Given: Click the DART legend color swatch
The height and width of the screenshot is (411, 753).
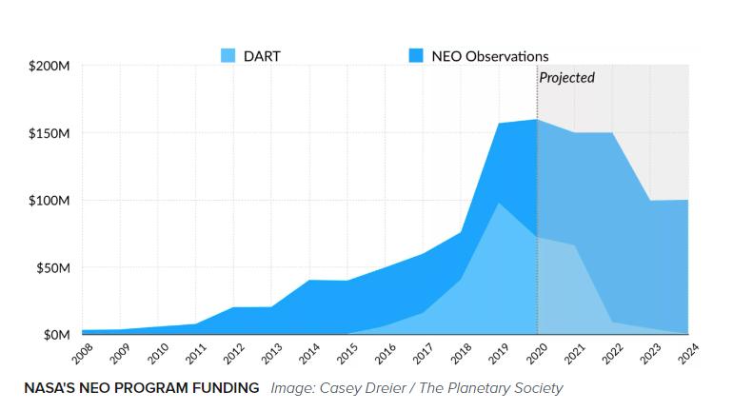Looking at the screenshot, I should tap(227, 55).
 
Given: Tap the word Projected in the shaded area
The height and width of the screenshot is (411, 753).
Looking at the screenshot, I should tap(566, 77).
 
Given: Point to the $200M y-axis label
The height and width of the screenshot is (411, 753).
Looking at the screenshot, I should tap(50, 67).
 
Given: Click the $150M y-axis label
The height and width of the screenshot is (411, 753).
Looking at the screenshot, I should tap(50, 134).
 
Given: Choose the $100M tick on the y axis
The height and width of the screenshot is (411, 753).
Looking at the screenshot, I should tap(50, 201).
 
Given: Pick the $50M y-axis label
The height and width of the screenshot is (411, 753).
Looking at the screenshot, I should tap(53, 267).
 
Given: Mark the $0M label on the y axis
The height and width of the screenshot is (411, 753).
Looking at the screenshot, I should tap(56, 335).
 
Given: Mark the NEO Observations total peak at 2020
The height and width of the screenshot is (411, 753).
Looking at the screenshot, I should tap(537, 120).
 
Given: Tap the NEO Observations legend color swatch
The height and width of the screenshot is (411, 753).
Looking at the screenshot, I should tap(415, 55).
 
